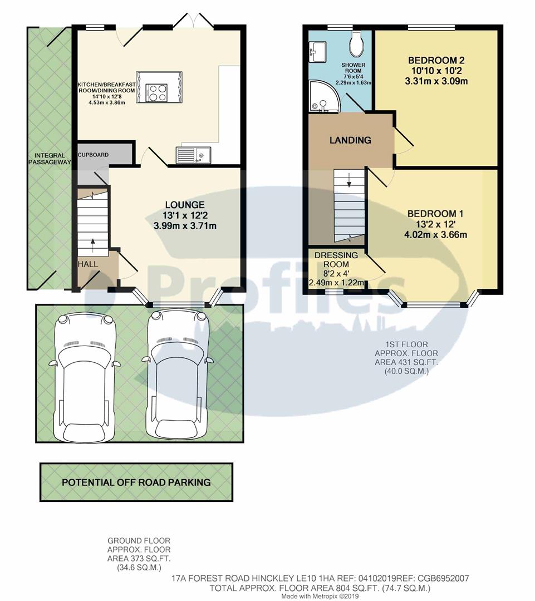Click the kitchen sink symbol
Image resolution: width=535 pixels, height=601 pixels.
193,155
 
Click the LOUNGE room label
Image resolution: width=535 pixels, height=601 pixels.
184,205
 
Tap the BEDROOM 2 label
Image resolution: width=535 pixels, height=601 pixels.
436,60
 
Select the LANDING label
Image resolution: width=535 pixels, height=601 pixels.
350,140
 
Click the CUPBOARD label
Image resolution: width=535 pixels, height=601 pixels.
94,155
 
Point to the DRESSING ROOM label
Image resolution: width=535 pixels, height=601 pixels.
336,260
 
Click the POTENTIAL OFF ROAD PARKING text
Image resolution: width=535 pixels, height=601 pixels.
136,482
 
